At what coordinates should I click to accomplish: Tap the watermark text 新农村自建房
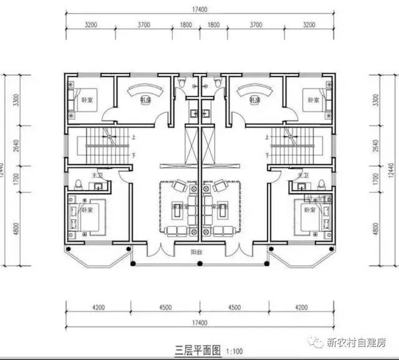coord(357,342)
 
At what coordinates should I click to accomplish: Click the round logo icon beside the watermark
coord(319,342)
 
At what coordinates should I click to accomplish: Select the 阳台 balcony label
coord(199,253)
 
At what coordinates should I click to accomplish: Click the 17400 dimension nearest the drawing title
coord(198,323)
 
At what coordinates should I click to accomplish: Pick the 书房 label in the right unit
coord(254,100)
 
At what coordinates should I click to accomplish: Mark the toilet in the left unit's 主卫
coord(79,184)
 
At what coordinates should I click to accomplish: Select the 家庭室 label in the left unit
coord(178,206)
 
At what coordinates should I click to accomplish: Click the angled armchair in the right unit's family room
coord(219,186)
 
